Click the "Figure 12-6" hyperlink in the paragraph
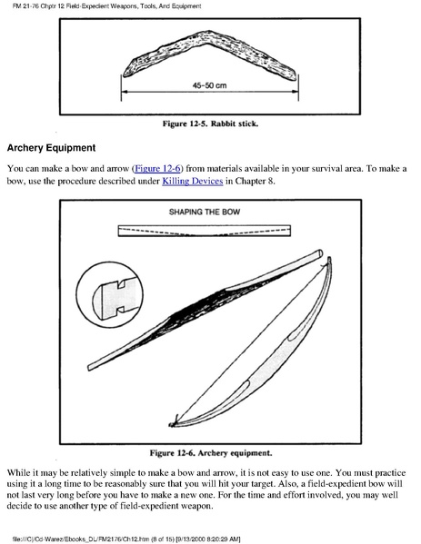click(157, 169)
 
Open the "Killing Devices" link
click(193, 181)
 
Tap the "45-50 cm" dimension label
click(209, 85)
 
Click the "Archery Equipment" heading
click(51, 148)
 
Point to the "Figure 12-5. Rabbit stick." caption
click(211, 124)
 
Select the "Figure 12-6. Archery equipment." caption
click(211, 453)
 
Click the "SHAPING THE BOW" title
click(205, 212)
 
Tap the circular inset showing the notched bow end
click(110, 295)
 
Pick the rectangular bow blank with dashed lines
click(205, 231)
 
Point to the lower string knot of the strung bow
click(173, 422)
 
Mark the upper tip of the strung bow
click(329, 259)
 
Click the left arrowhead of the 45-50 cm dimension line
click(125, 92)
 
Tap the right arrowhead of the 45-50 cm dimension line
click(296, 92)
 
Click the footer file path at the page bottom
click(125, 539)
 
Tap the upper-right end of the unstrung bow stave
click(319, 253)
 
